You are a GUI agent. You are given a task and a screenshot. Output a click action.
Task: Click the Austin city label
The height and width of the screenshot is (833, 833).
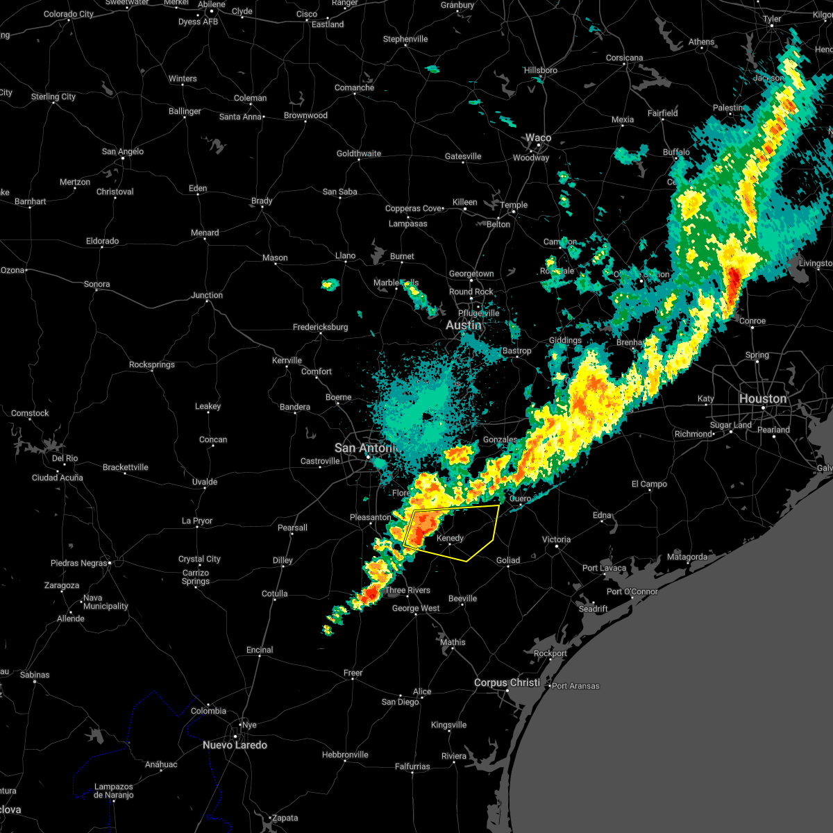(x=463, y=325)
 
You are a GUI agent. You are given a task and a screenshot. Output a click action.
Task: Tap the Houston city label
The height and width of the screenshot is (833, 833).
(x=762, y=398)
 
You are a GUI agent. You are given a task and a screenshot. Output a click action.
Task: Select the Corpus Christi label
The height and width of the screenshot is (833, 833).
(x=507, y=682)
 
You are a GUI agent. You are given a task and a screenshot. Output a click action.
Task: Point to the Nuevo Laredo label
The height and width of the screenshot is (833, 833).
(x=235, y=745)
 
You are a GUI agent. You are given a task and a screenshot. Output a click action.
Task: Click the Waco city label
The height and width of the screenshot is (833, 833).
(x=538, y=137)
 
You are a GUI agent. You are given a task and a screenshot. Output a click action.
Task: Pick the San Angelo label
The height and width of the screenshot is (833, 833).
(x=123, y=151)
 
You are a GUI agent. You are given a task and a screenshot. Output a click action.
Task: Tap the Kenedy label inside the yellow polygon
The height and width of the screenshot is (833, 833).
(x=450, y=539)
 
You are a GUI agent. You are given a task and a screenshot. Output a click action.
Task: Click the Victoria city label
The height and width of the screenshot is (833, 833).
(x=556, y=539)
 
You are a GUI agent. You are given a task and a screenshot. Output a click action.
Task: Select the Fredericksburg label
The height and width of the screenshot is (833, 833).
(x=320, y=327)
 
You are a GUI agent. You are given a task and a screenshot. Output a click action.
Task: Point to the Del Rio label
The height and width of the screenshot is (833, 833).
(x=65, y=458)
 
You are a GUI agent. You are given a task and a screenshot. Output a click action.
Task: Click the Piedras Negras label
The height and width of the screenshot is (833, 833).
(x=78, y=563)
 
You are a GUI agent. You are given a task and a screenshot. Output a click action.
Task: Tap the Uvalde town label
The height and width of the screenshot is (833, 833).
(x=204, y=482)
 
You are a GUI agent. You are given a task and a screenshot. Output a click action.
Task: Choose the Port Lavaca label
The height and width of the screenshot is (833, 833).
(x=604, y=568)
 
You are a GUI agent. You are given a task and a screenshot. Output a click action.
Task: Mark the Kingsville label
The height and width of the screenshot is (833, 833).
(x=448, y=725)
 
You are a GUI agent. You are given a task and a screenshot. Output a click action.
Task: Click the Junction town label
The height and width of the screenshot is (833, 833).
(x=207, y=295)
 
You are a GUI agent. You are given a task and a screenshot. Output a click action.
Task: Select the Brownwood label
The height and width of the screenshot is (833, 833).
(x=305, y=115)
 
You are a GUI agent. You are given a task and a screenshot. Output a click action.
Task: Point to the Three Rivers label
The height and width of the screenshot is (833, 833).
(x=407, y=590)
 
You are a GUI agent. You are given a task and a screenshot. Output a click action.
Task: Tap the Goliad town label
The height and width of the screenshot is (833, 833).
(x=507, y=560)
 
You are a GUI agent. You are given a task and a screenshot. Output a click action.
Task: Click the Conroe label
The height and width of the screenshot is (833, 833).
(x=752, y=321)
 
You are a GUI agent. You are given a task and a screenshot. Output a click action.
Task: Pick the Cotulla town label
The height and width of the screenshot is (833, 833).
(x=275, y=594)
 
